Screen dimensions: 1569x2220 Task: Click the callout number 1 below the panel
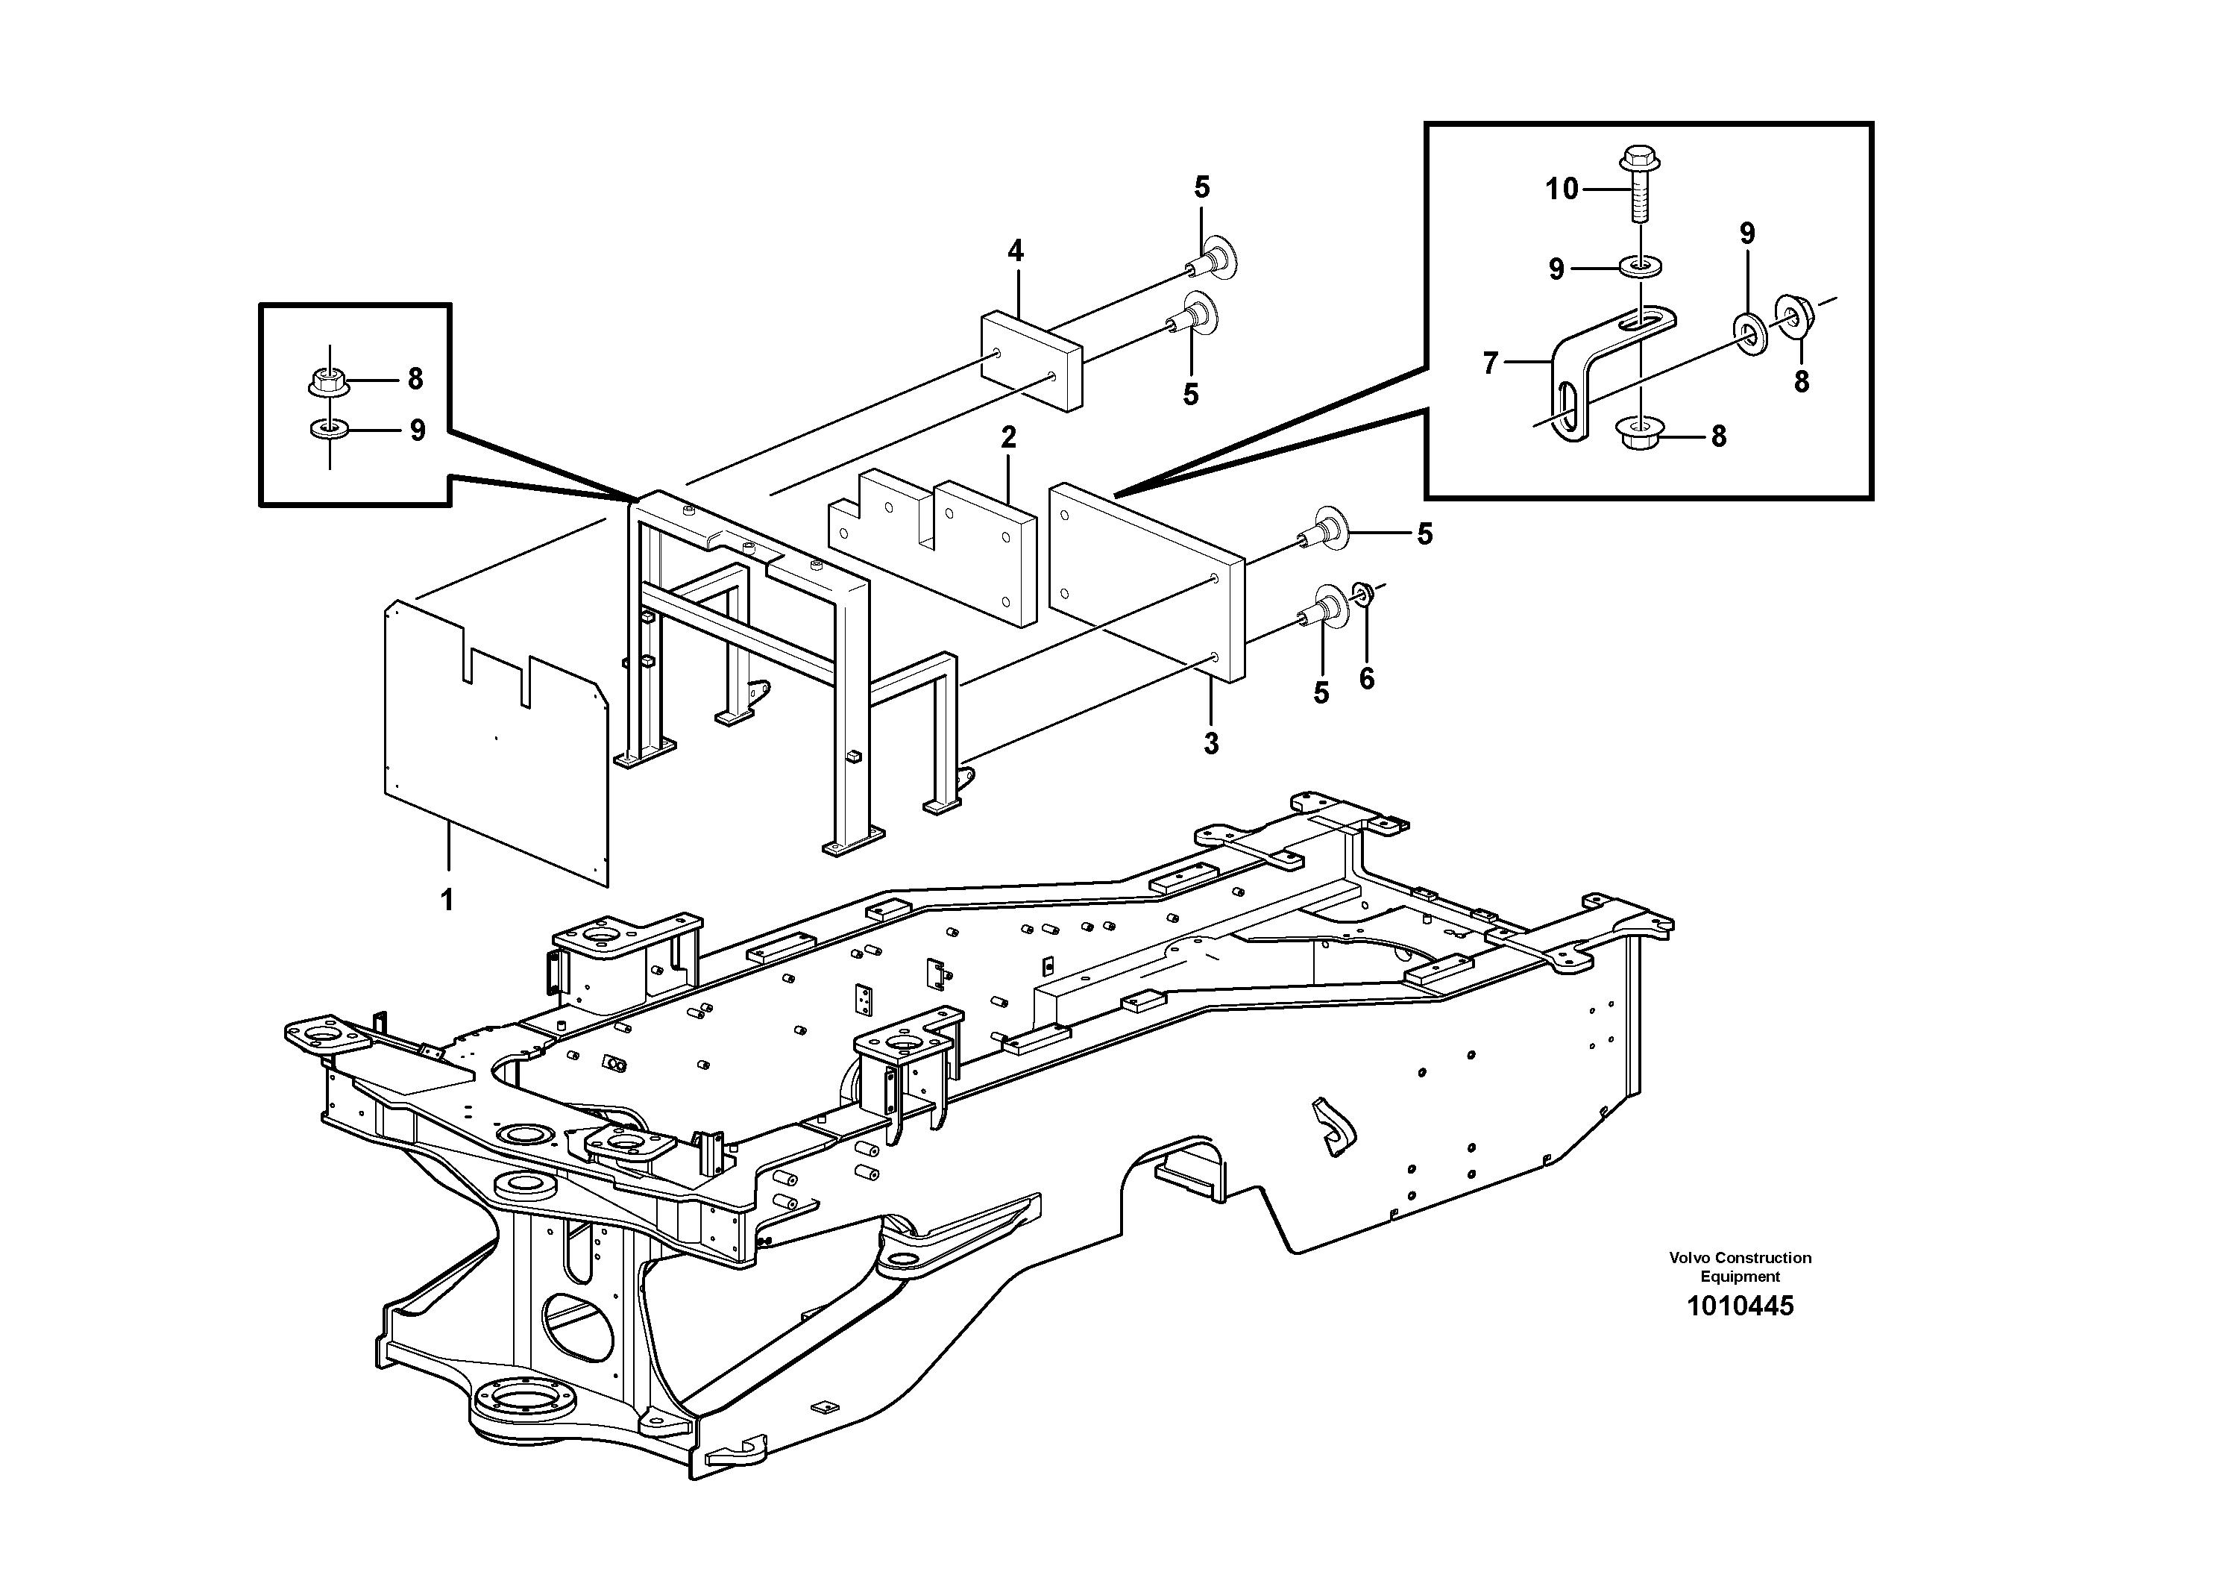[x=447, y=901]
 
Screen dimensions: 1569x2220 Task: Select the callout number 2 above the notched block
[x=1008, y=437]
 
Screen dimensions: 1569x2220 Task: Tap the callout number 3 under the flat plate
[x=1210, y=743]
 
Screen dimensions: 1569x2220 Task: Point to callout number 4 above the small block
[x=1014, y=251]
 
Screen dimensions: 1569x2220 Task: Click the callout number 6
[x=1366, y=679]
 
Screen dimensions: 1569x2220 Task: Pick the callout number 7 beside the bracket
[x=1490, y=364]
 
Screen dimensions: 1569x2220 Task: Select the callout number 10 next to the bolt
[x=1562, y=189]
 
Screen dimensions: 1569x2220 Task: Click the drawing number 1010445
[x=1740, y=1306]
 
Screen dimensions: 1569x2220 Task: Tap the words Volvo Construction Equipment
[x=1740, y=1266]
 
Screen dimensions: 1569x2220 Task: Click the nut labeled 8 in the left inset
[x=329, y=382]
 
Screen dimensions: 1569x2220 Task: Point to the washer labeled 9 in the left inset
[x=329, y=428]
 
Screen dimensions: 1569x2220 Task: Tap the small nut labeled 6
[x=1363, y=591]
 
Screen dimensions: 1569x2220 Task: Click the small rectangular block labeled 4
[x=1030, y=358]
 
